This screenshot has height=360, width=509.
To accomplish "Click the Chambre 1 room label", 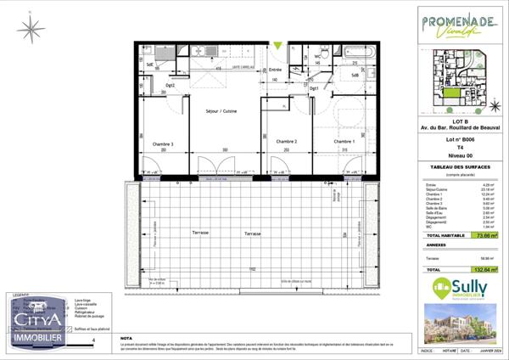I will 343,142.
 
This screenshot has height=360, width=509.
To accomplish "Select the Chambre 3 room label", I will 163,144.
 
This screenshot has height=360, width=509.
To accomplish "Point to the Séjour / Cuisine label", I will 221,111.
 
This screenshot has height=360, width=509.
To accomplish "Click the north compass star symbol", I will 31,31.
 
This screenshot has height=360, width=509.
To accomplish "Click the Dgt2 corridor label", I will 170,85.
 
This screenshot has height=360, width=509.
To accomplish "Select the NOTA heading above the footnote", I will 126,337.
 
